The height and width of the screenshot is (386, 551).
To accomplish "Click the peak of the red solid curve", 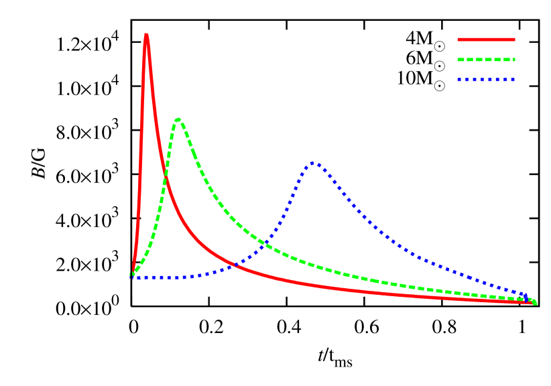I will click(146, 35).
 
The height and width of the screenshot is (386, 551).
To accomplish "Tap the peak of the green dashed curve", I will click(178, 119).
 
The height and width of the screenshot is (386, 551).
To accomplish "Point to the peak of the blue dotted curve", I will click(313, 163).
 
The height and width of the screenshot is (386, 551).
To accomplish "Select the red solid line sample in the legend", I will click(486, 40).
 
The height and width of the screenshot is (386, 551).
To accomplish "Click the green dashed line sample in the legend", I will click(486, 60).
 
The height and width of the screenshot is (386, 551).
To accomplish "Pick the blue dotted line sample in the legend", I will click(486, 80).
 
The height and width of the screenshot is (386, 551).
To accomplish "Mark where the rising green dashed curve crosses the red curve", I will click(166, 177).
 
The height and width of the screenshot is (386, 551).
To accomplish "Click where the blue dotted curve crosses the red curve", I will click(236, 264).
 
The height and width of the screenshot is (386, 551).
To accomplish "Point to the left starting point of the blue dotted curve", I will click(132, 277).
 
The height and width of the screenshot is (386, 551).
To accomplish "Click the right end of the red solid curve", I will click(532, 303).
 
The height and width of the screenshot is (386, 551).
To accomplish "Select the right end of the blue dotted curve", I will click(526, 296).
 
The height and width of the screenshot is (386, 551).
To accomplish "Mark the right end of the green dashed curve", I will click(535, 302).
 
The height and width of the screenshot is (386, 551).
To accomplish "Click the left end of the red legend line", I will click(458, 40).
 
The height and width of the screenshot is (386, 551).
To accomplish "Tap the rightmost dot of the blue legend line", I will click(513, 80).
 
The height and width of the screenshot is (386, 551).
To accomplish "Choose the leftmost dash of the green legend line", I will click(461, 60).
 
